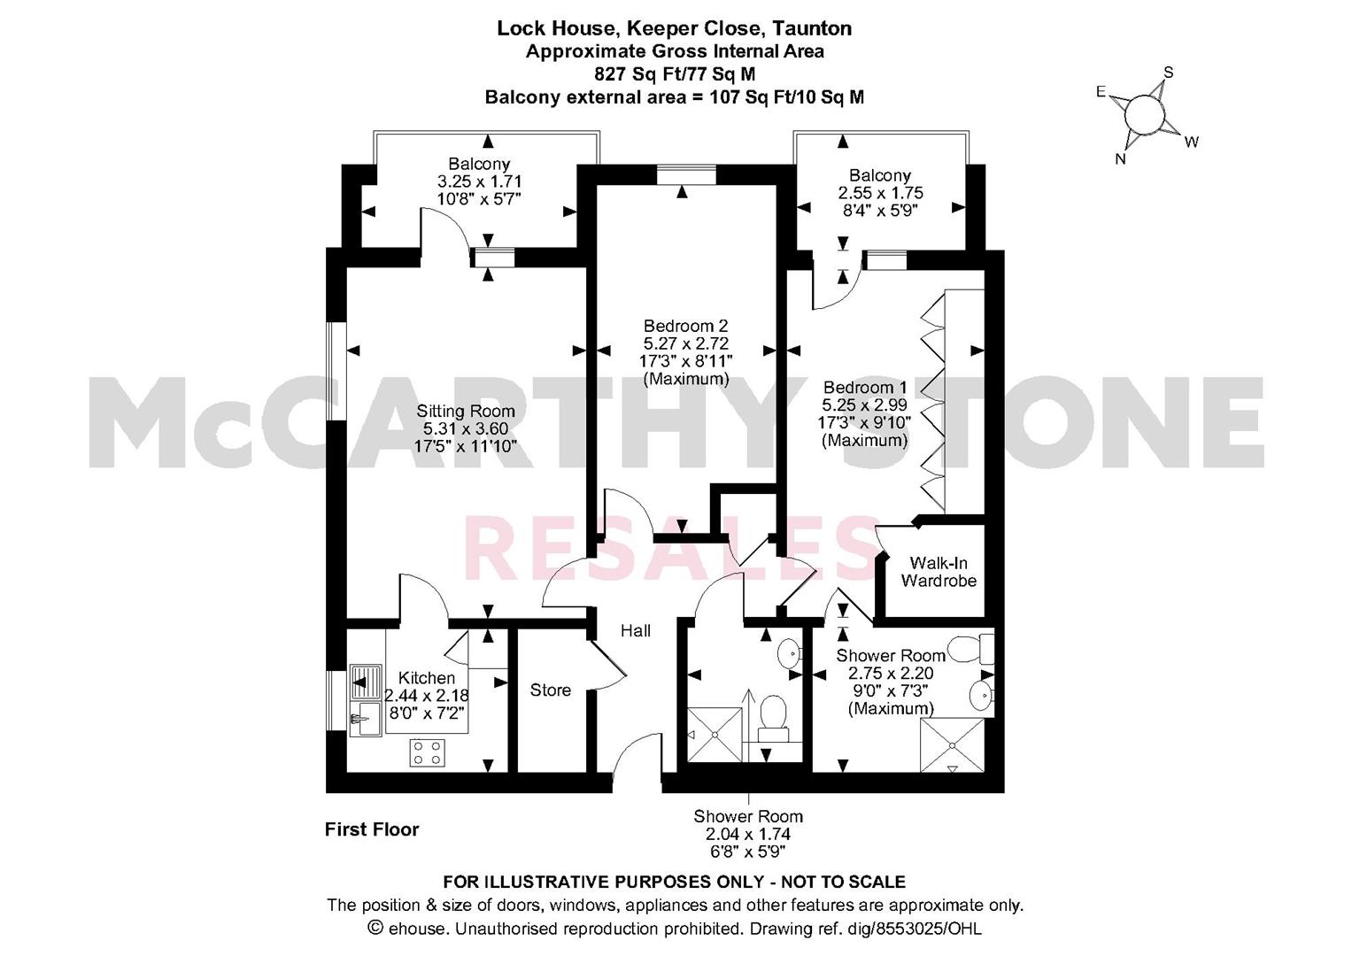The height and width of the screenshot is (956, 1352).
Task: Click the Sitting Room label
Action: [x=466, y=411]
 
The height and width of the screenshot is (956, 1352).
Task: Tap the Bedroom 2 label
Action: [x=685, y=326]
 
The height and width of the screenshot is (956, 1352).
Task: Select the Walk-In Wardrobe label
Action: [x=939, y=572]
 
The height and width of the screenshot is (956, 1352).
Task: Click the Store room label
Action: [x=551, y=690]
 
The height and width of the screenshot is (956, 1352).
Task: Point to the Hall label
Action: [x=636, y=630]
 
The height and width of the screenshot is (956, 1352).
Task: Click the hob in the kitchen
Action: [x=428, y=752]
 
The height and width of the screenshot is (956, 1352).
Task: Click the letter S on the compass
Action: [x=1169, y=73]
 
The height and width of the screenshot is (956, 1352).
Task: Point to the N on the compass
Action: [x=1120, y=159]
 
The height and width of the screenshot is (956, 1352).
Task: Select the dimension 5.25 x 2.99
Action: [x=864, y=405]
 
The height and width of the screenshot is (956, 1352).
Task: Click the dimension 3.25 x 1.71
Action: [x=479, y=181]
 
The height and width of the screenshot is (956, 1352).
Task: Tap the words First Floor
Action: [x=372, y=829]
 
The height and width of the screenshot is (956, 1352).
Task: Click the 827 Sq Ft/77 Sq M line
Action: [x=675, y=73]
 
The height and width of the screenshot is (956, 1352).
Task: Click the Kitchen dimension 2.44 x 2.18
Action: [x=427, y=695]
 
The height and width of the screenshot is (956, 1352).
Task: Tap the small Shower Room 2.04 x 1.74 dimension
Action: [x=748, y=834]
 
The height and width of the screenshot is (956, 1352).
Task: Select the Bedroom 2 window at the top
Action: [x=686, y=174]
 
